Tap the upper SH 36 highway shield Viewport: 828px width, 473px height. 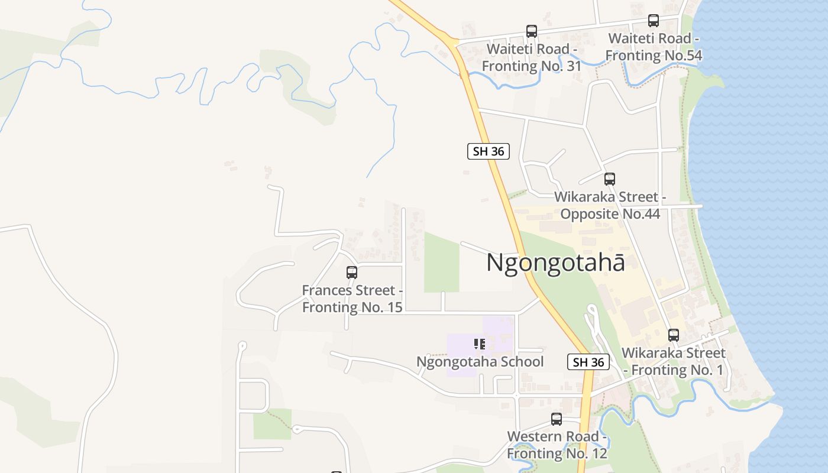pyautogui.click(x=489, y=151)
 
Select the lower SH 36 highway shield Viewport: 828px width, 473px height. pyautogui.click(x=588, y=362)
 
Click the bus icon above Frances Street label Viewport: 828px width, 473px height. pyautogui.click(x=352, y=273)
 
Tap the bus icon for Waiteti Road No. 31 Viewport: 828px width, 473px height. pyautogui.click(x=532, y=31)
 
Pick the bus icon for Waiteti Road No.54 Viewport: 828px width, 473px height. pyautogui.click(x=654, y=21)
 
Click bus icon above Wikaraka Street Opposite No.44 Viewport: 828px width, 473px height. pyautogui.click(x=610, y=179)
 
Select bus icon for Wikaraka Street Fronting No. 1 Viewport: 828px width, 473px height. pyautogui.click(x=674, y=335)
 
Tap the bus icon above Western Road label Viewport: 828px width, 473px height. pyautogui.click(x=557, y=419)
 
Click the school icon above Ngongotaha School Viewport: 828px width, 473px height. pyautogui.click(x=480, y=344)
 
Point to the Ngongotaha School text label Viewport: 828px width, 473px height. pyautogui.click(x=480, y=361)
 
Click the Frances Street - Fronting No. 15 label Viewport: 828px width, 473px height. pyautogui.click(x=352, y=299)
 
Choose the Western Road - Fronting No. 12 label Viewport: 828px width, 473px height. pyautogui.click(x=557, y=445)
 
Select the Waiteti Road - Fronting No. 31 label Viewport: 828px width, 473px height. pyautogui.click(x=532, y=57)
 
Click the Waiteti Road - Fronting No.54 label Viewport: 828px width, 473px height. pyautogui.click(x=654, y=47)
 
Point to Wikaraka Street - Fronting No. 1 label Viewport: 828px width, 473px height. pyautogui.click(x=674, y=361)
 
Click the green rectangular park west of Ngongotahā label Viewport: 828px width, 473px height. pyautogui.click(x=442, y=263)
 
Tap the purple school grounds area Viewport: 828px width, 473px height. pyautogui.click(x=461, y=355)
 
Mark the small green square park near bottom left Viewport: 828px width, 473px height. pyautogui.click(x=273, y=425)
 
